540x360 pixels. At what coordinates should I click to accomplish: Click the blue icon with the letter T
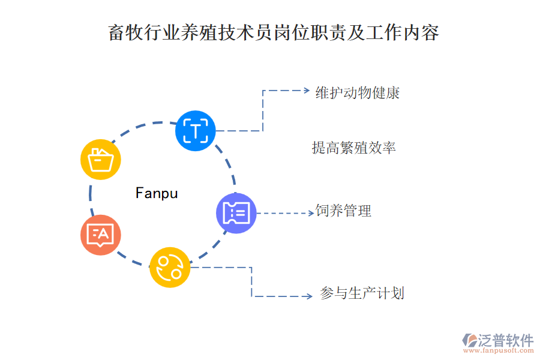click(x=196, y=130)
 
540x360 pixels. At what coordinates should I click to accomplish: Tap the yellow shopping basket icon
click(x=101, y=160)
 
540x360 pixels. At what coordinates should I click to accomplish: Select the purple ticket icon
click(x=236, y=213)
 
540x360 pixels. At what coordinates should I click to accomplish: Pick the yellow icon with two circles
click(x=170, y=267)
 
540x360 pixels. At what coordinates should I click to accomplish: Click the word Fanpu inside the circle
click(x=157, y=193)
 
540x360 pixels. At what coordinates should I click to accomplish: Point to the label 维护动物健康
click(x=358, y=93)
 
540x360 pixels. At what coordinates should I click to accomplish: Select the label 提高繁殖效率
click(x=353, y=148)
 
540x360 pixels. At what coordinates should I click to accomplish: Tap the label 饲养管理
click(x=344, y=211)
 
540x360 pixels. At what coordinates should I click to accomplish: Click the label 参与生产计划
click(x=362, y=293)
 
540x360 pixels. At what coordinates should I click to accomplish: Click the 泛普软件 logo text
click(x=505, y=340)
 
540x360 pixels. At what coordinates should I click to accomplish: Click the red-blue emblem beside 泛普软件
click(x=469, y=340)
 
